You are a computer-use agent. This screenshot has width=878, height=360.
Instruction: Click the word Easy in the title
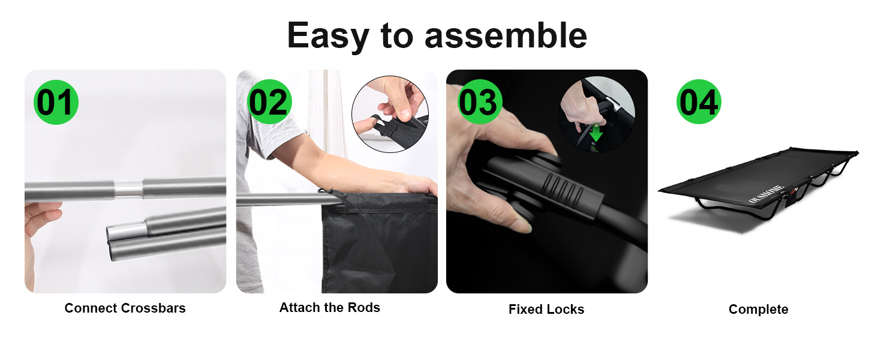coord(328,37)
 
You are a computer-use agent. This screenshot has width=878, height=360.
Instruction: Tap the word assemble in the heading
coord(506,35)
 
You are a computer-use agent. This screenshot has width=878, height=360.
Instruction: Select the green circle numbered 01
coord(56,103)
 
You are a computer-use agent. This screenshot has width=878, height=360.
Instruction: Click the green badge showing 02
coord(269,102)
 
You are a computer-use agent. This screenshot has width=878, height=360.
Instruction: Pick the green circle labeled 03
coord(480,102)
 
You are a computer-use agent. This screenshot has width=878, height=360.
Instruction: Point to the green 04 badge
coord(699,102)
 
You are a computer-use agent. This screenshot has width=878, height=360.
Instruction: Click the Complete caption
coord(759,310)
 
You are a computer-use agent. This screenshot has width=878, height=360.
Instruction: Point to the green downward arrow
coord(596,133)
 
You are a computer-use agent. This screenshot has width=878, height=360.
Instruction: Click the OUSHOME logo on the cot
coord(766,194)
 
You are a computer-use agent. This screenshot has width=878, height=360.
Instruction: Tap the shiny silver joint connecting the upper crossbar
coord(128,190)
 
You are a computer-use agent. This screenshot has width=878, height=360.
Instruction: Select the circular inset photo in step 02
coord(390,114)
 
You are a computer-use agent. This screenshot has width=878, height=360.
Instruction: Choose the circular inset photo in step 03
coord(597,114)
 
